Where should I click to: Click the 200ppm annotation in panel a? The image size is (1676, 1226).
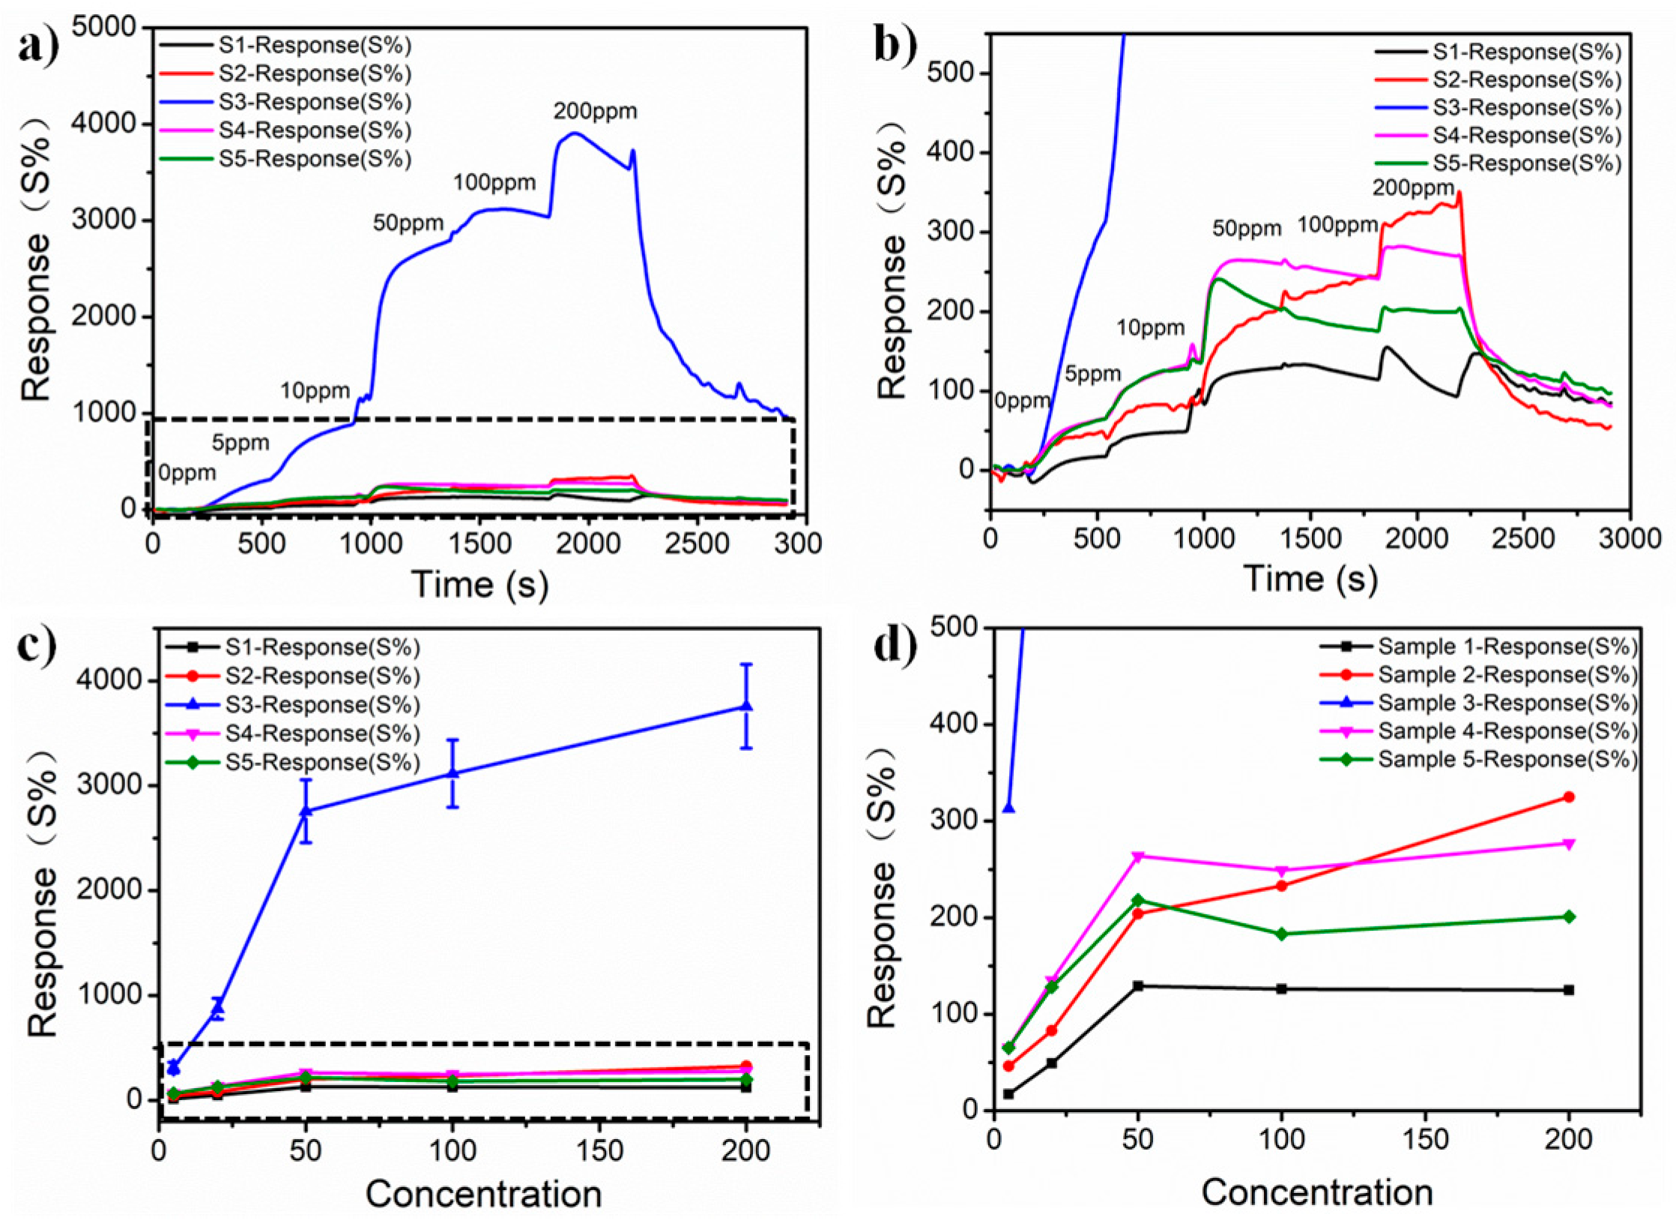[x=595, y=112]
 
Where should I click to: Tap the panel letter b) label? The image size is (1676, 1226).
[x=895, y=46]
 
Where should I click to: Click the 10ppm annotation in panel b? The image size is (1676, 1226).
[x=1150, y=327]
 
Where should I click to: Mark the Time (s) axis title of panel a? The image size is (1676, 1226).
[x=480, y=585]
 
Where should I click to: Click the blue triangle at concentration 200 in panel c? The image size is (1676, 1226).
[x=745, y=706]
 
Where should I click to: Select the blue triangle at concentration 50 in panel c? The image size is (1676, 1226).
[x=306, y=811]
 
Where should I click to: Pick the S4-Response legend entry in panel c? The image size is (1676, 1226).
[x=322, y=734]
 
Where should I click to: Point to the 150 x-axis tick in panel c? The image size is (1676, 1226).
[x=599, y=1150]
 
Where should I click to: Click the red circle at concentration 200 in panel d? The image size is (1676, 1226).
[x=1569, y=797]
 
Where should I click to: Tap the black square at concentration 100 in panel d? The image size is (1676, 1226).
[x=1282, y=988]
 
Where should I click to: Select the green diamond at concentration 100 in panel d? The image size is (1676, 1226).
[x=1282, y=934]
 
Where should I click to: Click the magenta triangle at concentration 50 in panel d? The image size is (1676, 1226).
[x=1138, y=857]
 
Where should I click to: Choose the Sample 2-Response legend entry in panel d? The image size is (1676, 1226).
[x=1506, y=674]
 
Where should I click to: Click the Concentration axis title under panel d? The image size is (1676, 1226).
[x=1317, y=1192]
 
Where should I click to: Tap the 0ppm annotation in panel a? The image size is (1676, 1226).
[x=187, y=473]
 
